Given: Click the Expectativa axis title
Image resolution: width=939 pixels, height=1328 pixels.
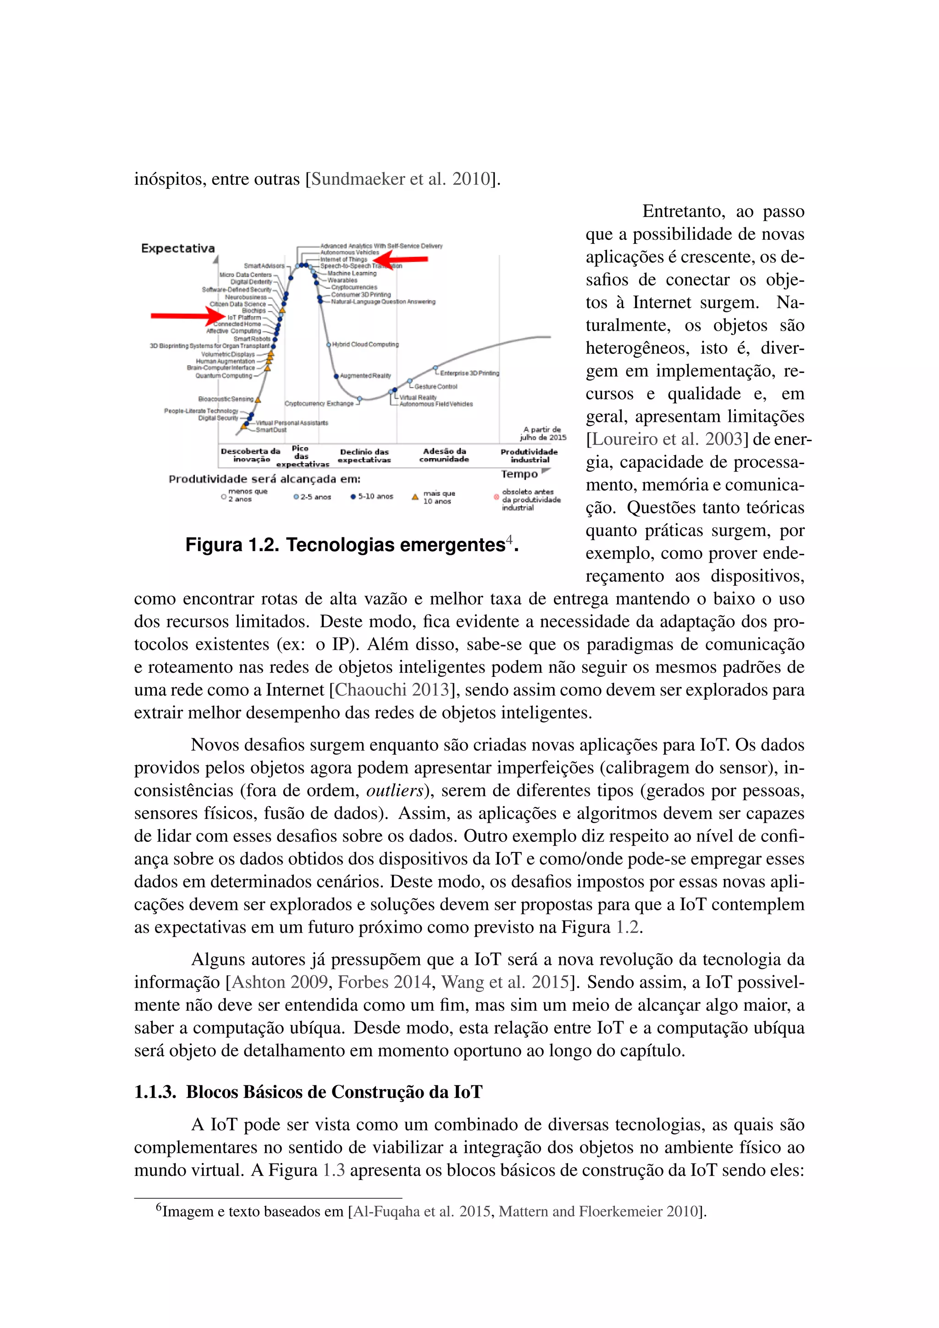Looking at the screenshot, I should pyautogui.click(x=178, y=249).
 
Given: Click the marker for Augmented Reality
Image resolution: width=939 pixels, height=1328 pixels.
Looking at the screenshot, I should pyautogui.click(x=336, y=376).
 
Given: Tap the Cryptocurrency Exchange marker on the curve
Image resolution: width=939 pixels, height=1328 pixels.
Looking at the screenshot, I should pyautogui.click(x=359, y=398).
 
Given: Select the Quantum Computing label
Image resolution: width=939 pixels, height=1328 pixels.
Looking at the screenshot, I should pyautogui.click(x=224, y=376).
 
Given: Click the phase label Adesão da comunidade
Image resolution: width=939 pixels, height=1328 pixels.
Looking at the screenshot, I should pyautogui.click(x=444, y=455).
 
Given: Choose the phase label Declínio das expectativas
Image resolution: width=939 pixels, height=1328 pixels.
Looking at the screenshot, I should pyautogui.click(x=364, y=456).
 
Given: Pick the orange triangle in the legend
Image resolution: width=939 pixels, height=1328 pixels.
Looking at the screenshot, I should pyautogui.click(x=414, y=497).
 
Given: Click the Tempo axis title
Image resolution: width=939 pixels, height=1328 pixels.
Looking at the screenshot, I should pyautogui.click(x=519, y=474).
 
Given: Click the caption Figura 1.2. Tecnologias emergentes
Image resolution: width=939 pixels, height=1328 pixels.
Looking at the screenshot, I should pyautogui.click(x=352, y=545).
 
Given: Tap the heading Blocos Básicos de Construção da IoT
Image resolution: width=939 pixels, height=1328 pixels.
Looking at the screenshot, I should pyautogui.click(x=334, y=1092).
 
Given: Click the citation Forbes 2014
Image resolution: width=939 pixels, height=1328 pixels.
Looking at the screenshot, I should pyautogui.click(x=385, y=982).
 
